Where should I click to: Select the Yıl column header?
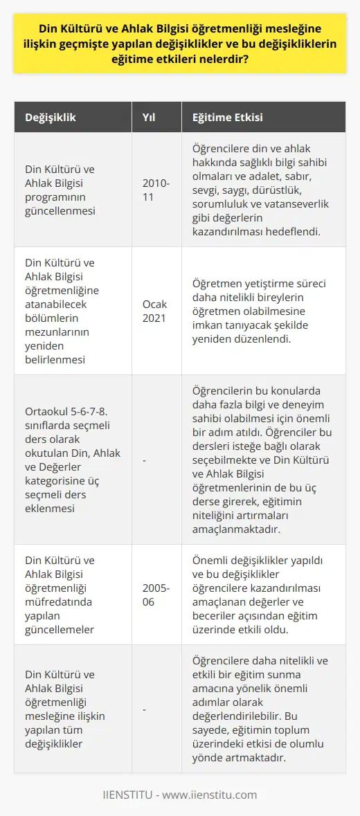(x=148, y=118)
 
